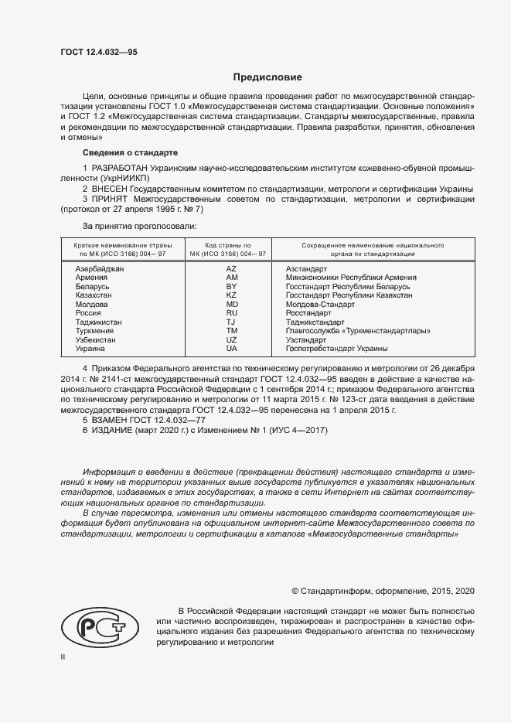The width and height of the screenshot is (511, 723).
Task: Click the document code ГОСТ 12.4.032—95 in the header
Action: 99,52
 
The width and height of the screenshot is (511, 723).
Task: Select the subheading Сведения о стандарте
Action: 130,152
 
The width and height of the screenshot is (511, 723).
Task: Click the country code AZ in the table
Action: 231,268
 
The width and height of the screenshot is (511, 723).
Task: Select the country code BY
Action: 231,286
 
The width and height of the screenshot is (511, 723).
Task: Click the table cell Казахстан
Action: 93,295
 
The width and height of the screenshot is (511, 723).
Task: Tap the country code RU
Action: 231,313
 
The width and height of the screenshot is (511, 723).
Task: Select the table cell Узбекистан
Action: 95,339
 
